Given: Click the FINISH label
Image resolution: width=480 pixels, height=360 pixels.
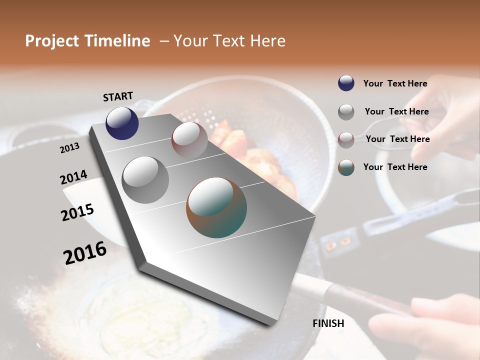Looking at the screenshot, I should point(328,323).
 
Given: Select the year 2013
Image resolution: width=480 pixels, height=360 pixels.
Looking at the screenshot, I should point(69,147).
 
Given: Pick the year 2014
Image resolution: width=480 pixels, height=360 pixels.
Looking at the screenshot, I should point(73,177).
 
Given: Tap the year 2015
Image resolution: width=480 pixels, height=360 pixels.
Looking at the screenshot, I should point(77,212).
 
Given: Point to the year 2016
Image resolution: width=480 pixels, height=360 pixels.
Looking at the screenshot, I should point(85,252).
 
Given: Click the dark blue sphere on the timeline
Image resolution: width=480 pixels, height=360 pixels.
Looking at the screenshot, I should point(122,123).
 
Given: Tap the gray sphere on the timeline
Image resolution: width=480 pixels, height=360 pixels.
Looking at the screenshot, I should point(145,179).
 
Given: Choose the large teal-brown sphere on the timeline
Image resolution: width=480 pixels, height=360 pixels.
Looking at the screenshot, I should point(216,207).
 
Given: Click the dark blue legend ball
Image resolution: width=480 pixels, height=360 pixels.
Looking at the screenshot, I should point(346,83).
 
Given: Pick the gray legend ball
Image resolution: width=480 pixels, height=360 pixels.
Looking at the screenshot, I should point(346,112).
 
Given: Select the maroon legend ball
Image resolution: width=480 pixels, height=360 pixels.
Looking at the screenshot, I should point(346,139).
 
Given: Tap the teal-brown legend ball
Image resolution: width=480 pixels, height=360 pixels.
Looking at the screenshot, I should point(346,167).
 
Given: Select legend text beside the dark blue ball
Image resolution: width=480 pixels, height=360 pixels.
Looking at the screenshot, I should point(395,83).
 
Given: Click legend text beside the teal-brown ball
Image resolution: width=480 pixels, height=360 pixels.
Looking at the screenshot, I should point(395,167).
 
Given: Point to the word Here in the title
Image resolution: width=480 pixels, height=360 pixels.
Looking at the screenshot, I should point(267,41).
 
